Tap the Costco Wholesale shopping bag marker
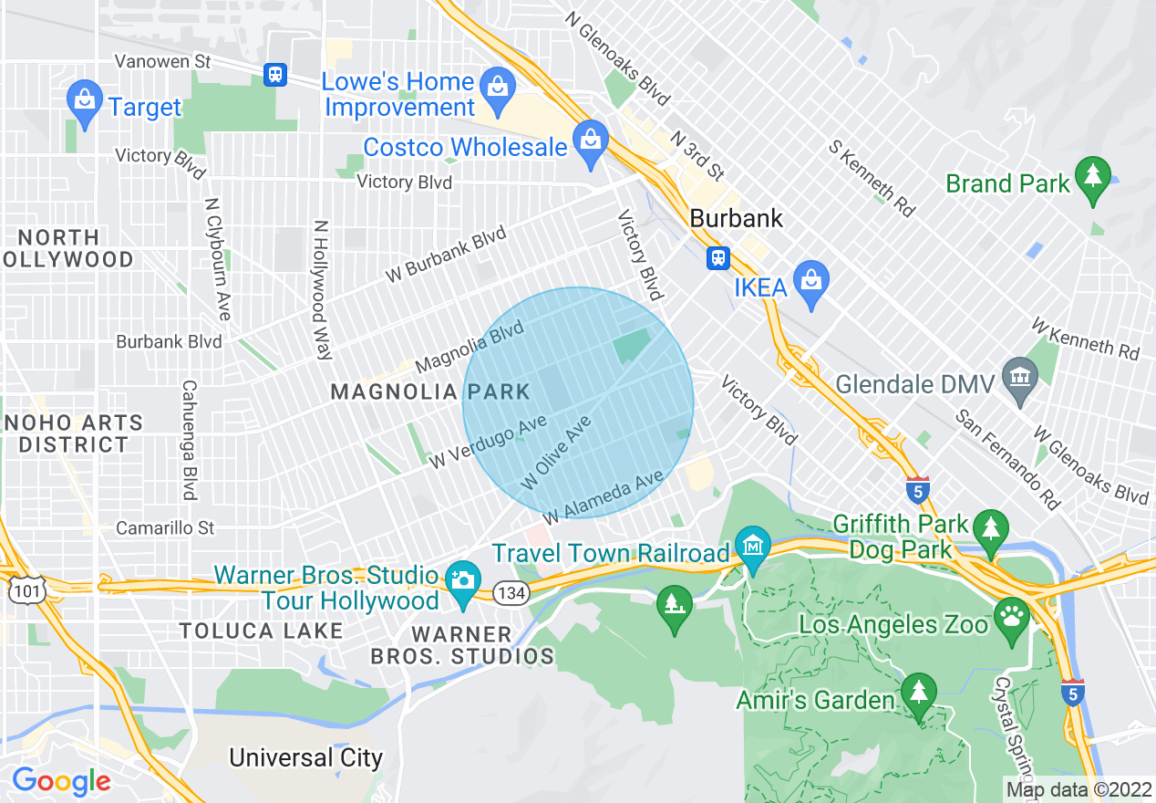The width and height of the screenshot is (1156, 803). tap(590, 143)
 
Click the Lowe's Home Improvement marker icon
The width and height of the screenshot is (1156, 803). tap(497, 89)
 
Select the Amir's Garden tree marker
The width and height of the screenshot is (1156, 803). tap(918, 693)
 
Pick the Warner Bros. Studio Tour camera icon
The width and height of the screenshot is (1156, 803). tap(463, 580)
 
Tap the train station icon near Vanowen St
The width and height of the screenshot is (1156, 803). tap(275, 75)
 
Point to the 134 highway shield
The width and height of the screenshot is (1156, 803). tap(509, 593)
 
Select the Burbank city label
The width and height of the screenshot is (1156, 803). tap(737, 219)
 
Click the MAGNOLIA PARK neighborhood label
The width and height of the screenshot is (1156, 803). tap(430, 392)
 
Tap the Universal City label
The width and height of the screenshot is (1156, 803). tap(305, 757)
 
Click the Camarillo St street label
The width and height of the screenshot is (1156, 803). tap(165, 528)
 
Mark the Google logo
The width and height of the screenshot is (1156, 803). tap(61, 781)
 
